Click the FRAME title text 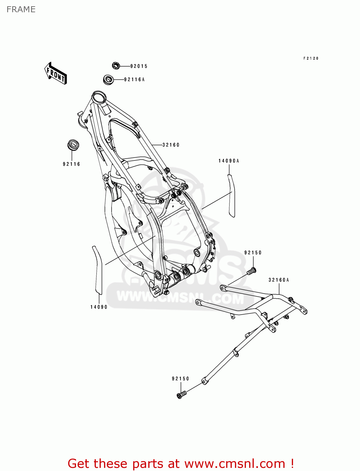tap(21, 9)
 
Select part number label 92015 tap(139, 66)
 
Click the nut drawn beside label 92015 tap(116, 66)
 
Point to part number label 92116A tap(134, 80)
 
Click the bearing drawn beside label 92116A tap(108, 79)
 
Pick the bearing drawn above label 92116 tap(74, 145)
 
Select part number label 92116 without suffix tap(72, 164)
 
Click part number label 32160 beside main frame tap(171, 145)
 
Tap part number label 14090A tap(229, 161)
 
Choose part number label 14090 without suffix tap(99, 307)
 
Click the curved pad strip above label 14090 tap(98, 270)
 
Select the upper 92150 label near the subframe tap(253, 253)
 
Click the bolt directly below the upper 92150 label tap(252, 270)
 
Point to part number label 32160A tap(279, 280)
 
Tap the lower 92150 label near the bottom tap(181, 379)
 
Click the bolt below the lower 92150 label tap(181, 394)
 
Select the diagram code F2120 tap(311, 58)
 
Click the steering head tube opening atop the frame tap(98, 96)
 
